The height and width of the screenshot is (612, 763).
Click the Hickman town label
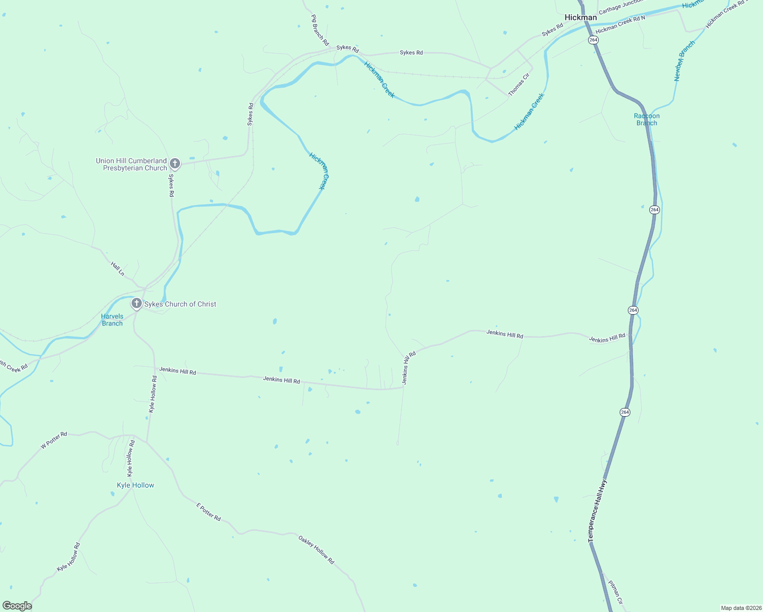[580, 17]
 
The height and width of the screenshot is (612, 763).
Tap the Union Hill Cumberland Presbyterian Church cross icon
[174, 163]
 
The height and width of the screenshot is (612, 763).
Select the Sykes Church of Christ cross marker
[136, 304]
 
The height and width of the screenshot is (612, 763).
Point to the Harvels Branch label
[112, 320]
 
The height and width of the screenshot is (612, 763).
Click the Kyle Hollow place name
[136, 485]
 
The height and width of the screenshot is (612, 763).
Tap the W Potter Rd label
[54, 441]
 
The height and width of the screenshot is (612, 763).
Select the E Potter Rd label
[209, 512]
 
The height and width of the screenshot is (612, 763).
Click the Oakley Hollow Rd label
[316, 549]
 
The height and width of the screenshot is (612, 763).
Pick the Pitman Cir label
[616, 592]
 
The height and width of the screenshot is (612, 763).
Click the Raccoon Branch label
[647, 119]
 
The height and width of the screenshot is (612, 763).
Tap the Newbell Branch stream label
[684, 61]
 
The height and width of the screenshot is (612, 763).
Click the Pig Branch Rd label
[320, 30]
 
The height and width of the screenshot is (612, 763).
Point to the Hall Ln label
[118, 269]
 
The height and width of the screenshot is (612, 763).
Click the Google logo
[17, 606]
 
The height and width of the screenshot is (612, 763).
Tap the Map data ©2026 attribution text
[741, 608]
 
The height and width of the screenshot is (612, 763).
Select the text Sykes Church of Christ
[180, 304]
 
